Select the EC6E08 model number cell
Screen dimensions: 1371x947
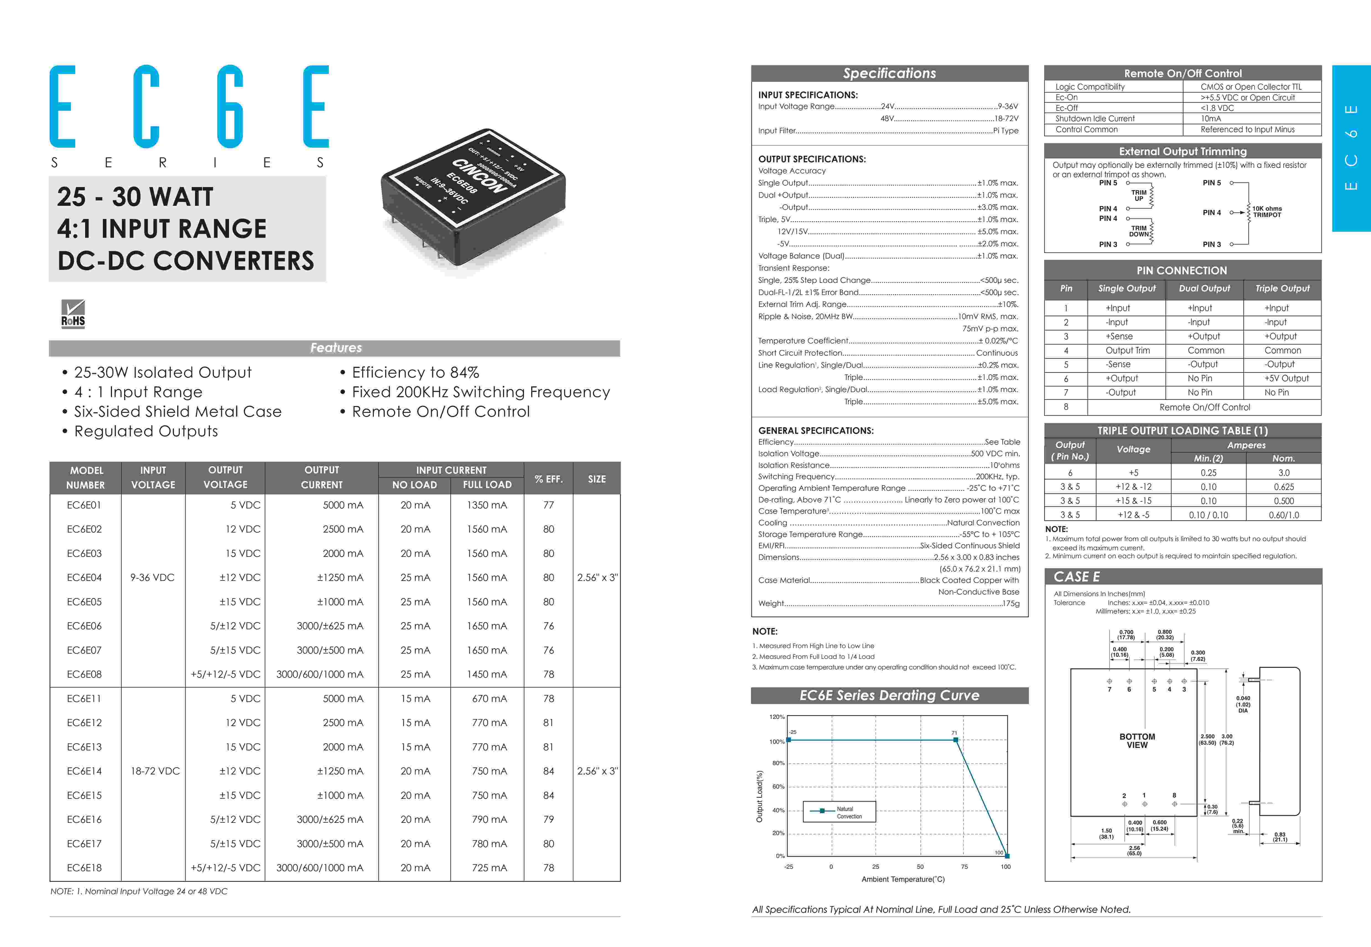(x=84, y=674)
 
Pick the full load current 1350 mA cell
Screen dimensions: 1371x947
(x=486, y=505)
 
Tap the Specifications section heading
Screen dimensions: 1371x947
(x=889, y=73)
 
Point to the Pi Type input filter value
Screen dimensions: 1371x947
(x=1006, y=131)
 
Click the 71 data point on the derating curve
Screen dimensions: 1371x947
(x=955, y=740)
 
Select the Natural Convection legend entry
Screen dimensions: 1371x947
(x=839, y=812)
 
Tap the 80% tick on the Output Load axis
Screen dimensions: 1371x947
(x=778, y=763)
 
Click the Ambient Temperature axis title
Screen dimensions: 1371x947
(x=903, y=879)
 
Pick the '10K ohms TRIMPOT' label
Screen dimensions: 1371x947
(x=1267, y=212)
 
